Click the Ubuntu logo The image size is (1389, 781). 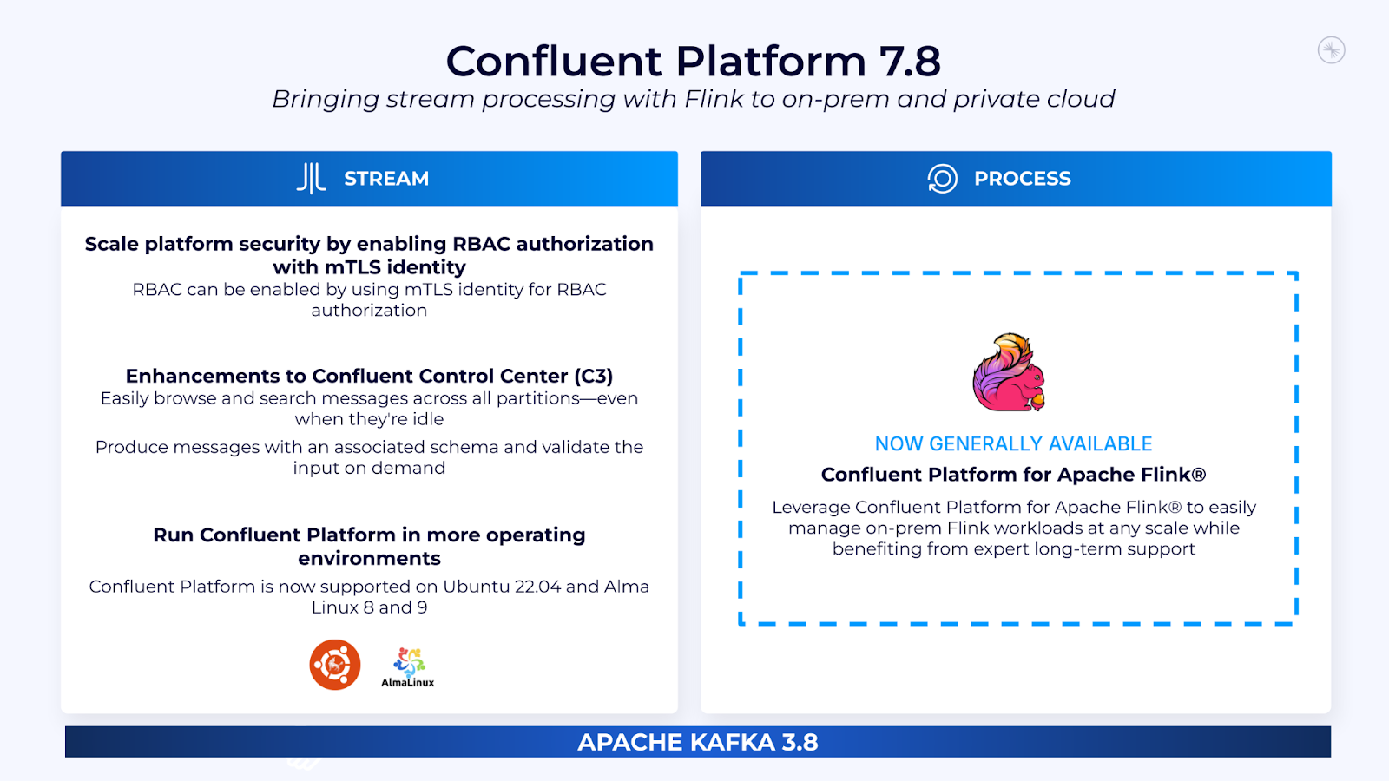335,665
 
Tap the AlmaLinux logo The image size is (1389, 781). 408,666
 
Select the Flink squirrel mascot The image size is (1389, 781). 1009,372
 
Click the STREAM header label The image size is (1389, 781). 386,179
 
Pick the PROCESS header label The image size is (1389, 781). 1022,179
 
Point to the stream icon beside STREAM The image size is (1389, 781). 311,178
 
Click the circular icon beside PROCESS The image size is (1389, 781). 942,179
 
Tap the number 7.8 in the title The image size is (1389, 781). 910,62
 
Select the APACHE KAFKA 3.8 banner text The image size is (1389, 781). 697,743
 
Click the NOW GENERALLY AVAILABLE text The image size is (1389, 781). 1013,444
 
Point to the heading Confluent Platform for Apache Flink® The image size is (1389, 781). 1013,475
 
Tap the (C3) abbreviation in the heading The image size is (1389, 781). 593,377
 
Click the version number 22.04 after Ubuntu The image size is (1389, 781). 538,587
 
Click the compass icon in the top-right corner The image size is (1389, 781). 1331,50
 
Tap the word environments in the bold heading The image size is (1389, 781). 369,559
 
